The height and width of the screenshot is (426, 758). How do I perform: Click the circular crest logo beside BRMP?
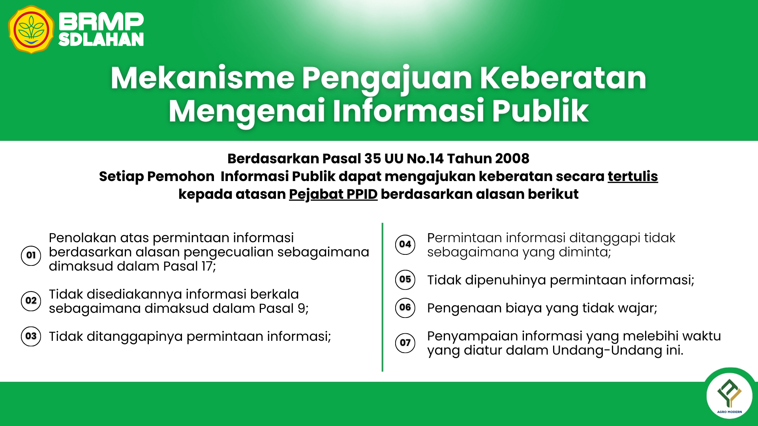31,30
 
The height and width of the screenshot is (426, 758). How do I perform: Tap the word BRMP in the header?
101,22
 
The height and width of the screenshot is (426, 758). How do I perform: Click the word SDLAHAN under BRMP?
101,39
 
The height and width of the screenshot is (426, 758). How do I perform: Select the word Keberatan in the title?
563,78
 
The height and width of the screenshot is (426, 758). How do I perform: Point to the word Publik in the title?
540,111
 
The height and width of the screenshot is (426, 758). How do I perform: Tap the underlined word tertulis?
632,176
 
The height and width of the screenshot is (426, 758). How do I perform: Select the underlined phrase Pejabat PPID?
333,194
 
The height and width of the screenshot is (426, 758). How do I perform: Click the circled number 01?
31,255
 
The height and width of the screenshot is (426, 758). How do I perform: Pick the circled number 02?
31,301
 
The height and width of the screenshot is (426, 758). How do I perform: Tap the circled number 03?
31,336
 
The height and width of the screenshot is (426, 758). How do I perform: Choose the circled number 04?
405,244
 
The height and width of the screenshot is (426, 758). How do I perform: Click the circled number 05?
405,279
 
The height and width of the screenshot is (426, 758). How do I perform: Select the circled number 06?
405,307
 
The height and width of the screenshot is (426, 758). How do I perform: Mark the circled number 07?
405,342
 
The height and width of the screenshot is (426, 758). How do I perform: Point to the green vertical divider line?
382,297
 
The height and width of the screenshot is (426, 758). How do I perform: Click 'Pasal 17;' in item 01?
189,266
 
